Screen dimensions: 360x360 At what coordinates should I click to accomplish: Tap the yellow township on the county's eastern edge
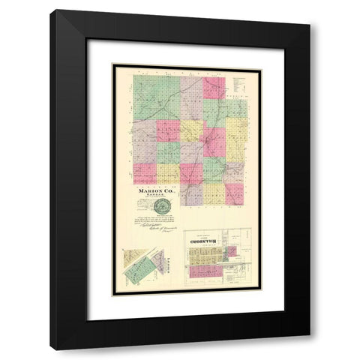pos(237,131)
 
